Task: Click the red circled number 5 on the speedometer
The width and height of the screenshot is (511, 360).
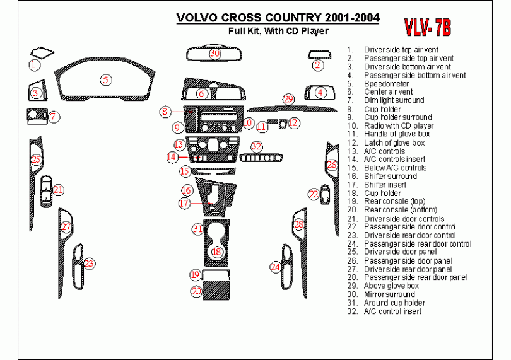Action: point(107,79)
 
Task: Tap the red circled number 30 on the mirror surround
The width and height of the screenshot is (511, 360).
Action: point(215,54)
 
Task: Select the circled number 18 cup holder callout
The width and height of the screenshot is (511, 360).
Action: point(216,252)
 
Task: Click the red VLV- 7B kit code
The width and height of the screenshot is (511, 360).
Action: point(427,27)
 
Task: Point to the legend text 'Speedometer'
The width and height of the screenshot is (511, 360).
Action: point(386,83)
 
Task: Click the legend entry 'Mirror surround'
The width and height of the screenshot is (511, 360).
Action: point(389,294)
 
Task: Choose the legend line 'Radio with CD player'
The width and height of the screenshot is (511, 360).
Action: point(398,125)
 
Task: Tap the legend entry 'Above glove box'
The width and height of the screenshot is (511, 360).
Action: point(391,286)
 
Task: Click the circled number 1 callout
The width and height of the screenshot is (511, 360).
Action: point(34,64)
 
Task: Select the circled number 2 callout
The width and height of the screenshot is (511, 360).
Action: point(319,64)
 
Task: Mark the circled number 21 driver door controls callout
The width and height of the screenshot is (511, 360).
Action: point(58,189)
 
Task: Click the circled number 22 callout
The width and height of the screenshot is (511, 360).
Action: point(314,195)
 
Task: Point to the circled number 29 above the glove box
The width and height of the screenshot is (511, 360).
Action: point(288,99)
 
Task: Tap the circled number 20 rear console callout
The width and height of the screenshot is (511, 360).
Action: point(196,291)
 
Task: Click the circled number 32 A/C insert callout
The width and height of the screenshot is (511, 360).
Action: point(256,146)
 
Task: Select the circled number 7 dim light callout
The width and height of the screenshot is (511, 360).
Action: point(54,116)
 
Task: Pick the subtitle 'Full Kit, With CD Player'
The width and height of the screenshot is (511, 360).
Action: point(278,30)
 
